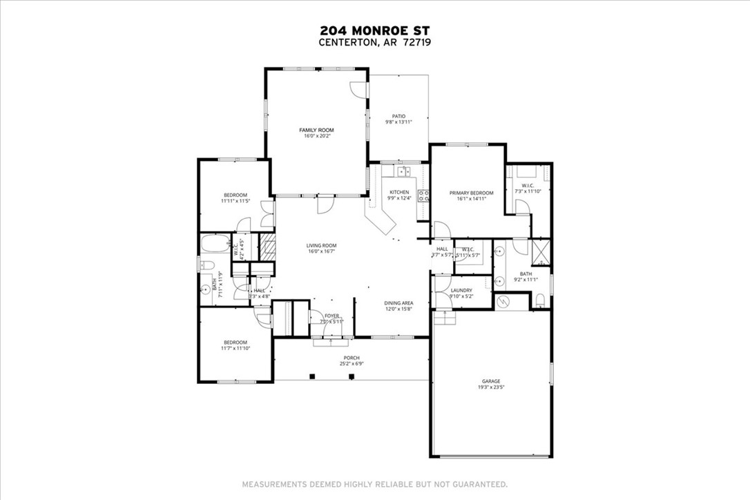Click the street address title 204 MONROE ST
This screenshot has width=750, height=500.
point(374,30)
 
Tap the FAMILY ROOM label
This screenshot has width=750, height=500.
point(316,130)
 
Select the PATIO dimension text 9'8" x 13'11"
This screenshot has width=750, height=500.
point(398,122)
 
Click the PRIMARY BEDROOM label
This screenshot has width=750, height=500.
point(471,193)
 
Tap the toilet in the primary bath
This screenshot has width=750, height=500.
point(541,300)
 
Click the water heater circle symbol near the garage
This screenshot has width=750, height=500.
point(503,302)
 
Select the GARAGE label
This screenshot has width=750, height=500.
point(490,381)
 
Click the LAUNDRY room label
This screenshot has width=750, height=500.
point(461,290)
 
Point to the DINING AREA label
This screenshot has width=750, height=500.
point(398,302)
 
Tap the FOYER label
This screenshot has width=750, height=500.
point(332,316)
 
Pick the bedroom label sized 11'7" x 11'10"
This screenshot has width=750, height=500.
point(235,343)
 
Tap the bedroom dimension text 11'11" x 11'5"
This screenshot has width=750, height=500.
point(235,201)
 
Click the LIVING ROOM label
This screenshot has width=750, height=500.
point(321,245)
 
